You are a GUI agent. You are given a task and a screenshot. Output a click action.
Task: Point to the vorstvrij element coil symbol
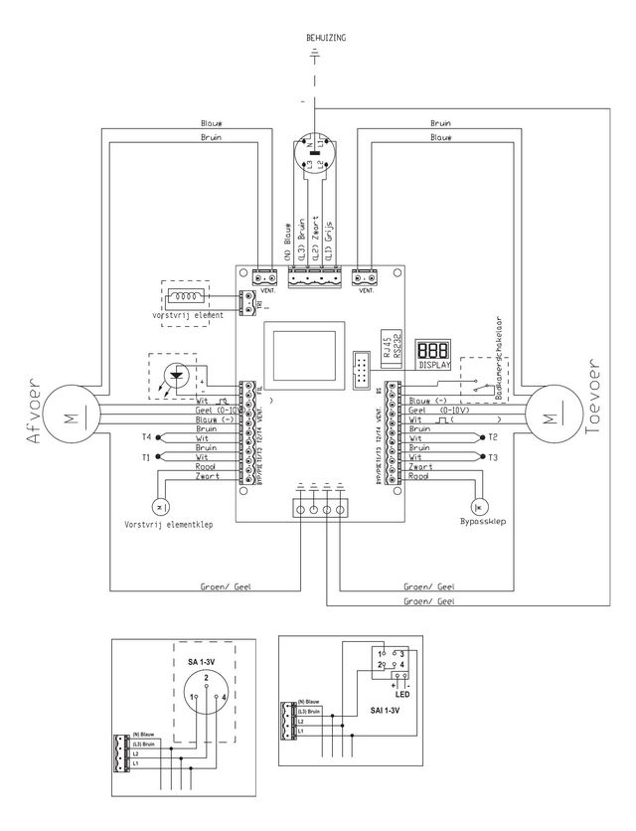[x=186, y=296]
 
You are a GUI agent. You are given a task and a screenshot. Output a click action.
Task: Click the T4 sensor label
[x=146, y=436]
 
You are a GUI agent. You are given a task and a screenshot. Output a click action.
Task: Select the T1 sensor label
[x=146, y=457]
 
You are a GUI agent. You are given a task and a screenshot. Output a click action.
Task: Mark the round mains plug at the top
[x=318, y=157]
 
